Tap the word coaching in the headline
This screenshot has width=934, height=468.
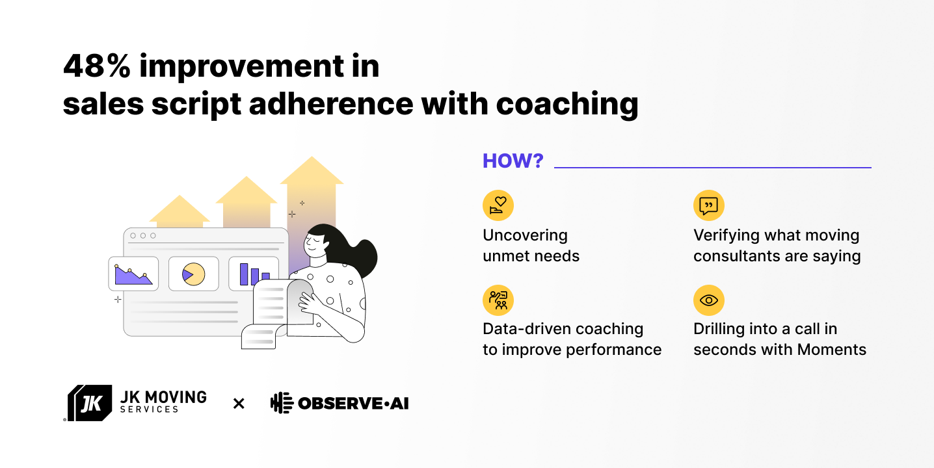point(567,105)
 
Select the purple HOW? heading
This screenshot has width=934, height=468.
point(513,161)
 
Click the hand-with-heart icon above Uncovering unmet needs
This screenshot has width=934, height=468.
point(498,205)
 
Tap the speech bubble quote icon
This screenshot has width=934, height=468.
point(708,205)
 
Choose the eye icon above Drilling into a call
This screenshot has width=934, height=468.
point(708,300)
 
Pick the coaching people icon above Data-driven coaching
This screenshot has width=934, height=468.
point(498,300)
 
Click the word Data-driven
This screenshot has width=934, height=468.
point(527,329)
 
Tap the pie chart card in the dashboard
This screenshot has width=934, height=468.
point(193,274)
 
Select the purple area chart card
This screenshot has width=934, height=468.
point(133,274)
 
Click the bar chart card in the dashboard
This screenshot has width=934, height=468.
point(254,273)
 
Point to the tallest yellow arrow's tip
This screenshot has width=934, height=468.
point(312,157)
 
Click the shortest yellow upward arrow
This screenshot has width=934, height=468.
point(180,211)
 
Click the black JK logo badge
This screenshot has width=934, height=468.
point(90,403)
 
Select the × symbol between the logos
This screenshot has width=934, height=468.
point(239,404)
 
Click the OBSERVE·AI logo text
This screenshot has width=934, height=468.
point(353,404)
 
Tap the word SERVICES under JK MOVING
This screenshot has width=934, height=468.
point(150,409)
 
